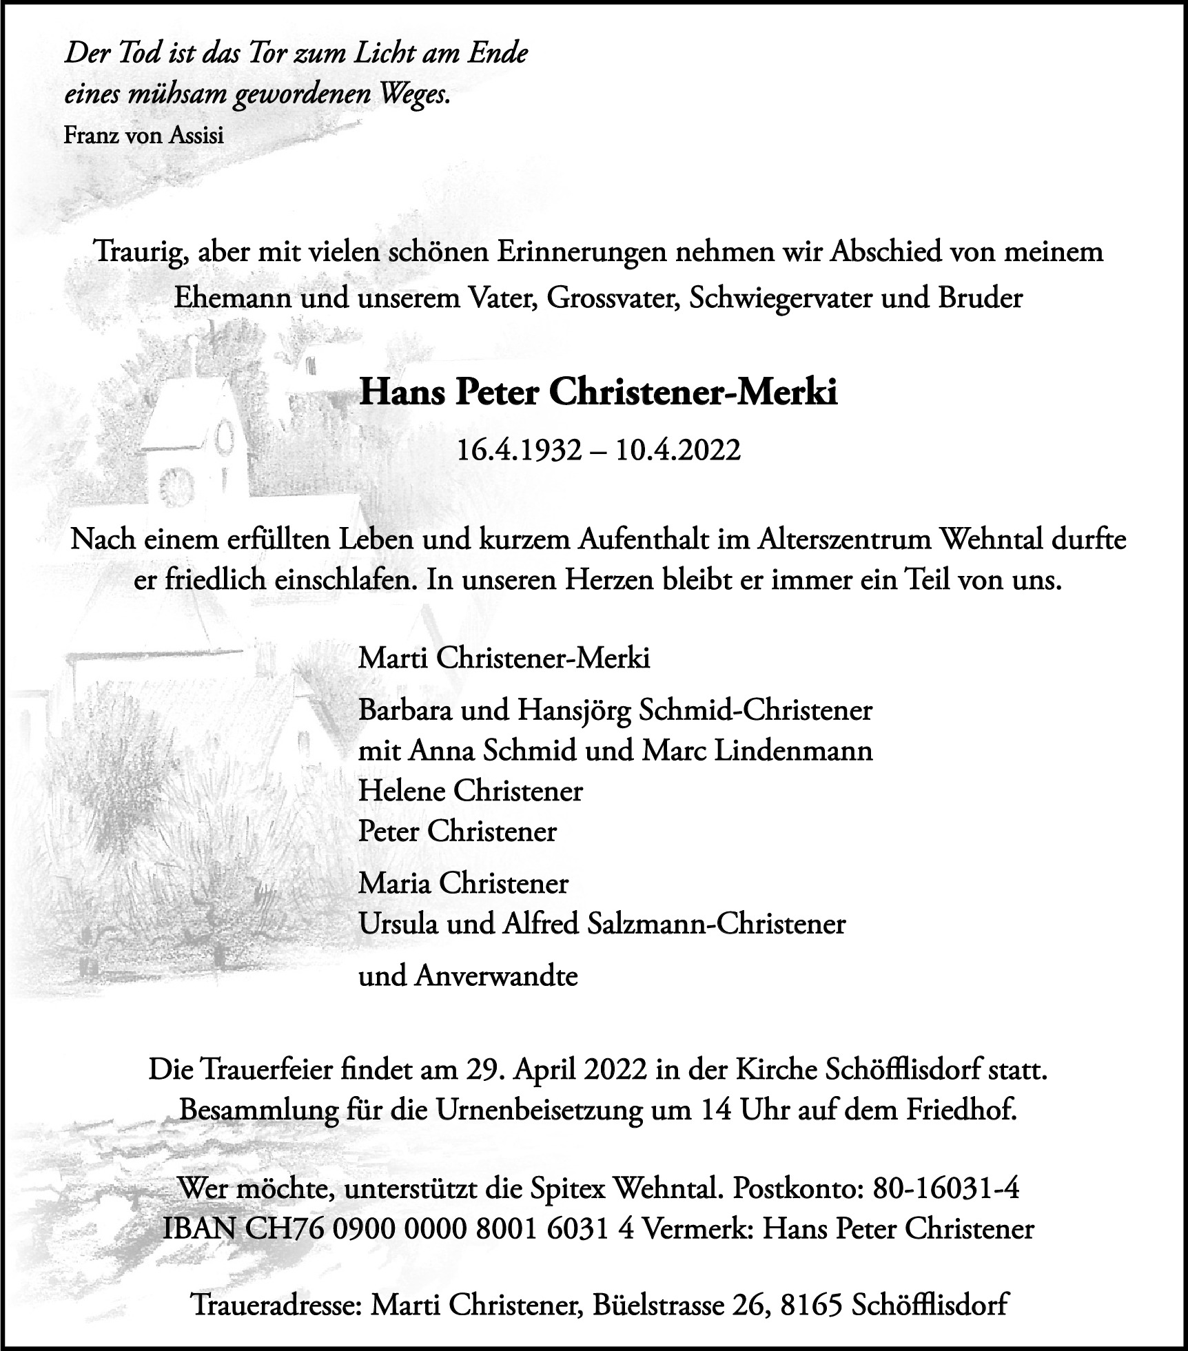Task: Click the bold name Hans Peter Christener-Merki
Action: click(x=598, y=393)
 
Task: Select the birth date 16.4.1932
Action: click(x=519, y=451)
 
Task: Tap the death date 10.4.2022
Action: click(x=678, y=451)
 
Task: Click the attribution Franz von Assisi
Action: click(x=143, y=136)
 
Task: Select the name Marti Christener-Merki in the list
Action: click(x=504, y=659)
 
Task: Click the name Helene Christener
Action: click(x=470, y=790)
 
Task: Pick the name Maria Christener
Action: click(x=463, y=883)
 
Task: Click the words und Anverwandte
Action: click(x=468, y=976)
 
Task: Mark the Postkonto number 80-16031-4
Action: click(x=946, y=1189)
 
